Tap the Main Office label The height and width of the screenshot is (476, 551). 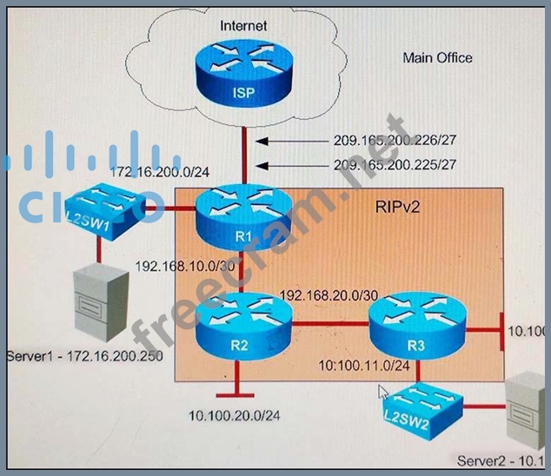(x=437, y=58)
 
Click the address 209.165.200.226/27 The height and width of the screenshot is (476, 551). (x=395, y=139)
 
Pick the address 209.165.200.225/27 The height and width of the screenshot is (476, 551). (x=395, y=163)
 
